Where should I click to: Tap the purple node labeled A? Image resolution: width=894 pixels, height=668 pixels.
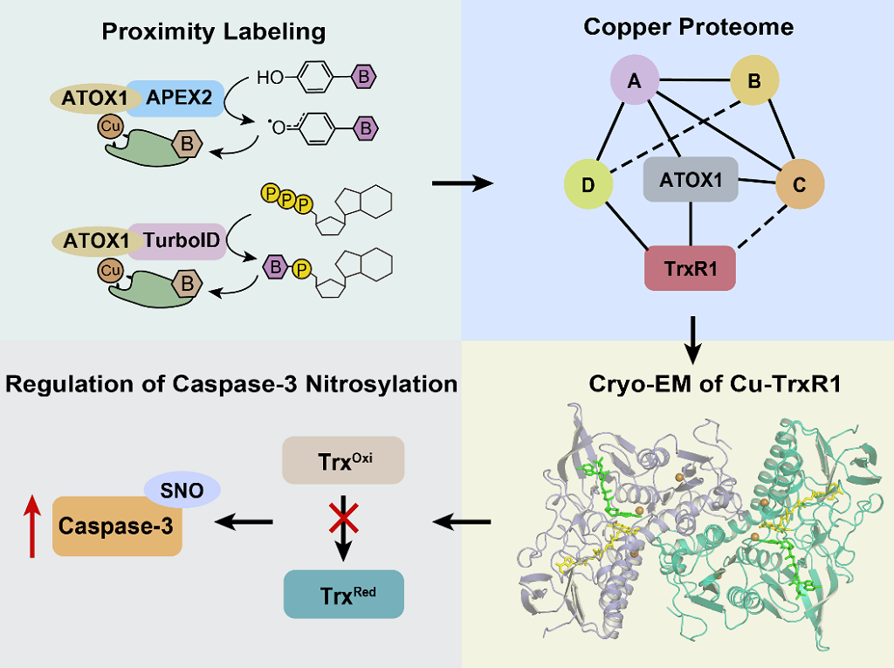(x=636, y=81)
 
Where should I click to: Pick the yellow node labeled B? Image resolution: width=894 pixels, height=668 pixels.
(x=754, y=81)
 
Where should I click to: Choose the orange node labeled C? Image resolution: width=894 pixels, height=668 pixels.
(x=801, y=184)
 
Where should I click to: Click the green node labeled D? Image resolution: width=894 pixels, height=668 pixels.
(x=588, y=184)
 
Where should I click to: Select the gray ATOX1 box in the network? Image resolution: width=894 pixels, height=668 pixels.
(x=691, y=180)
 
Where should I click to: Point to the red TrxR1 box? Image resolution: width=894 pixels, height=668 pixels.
(x=691, y=267)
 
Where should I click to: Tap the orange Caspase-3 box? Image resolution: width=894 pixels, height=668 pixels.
(x=117, y=526)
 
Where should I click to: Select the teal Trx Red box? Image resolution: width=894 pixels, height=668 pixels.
(x=343, y=595)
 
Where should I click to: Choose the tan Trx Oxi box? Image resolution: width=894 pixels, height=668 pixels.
(x=343, y=460)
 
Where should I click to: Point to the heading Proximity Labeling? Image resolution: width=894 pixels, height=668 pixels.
(x=214, y=33)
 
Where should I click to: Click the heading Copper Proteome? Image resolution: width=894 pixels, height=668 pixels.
(x=688, y=26)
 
